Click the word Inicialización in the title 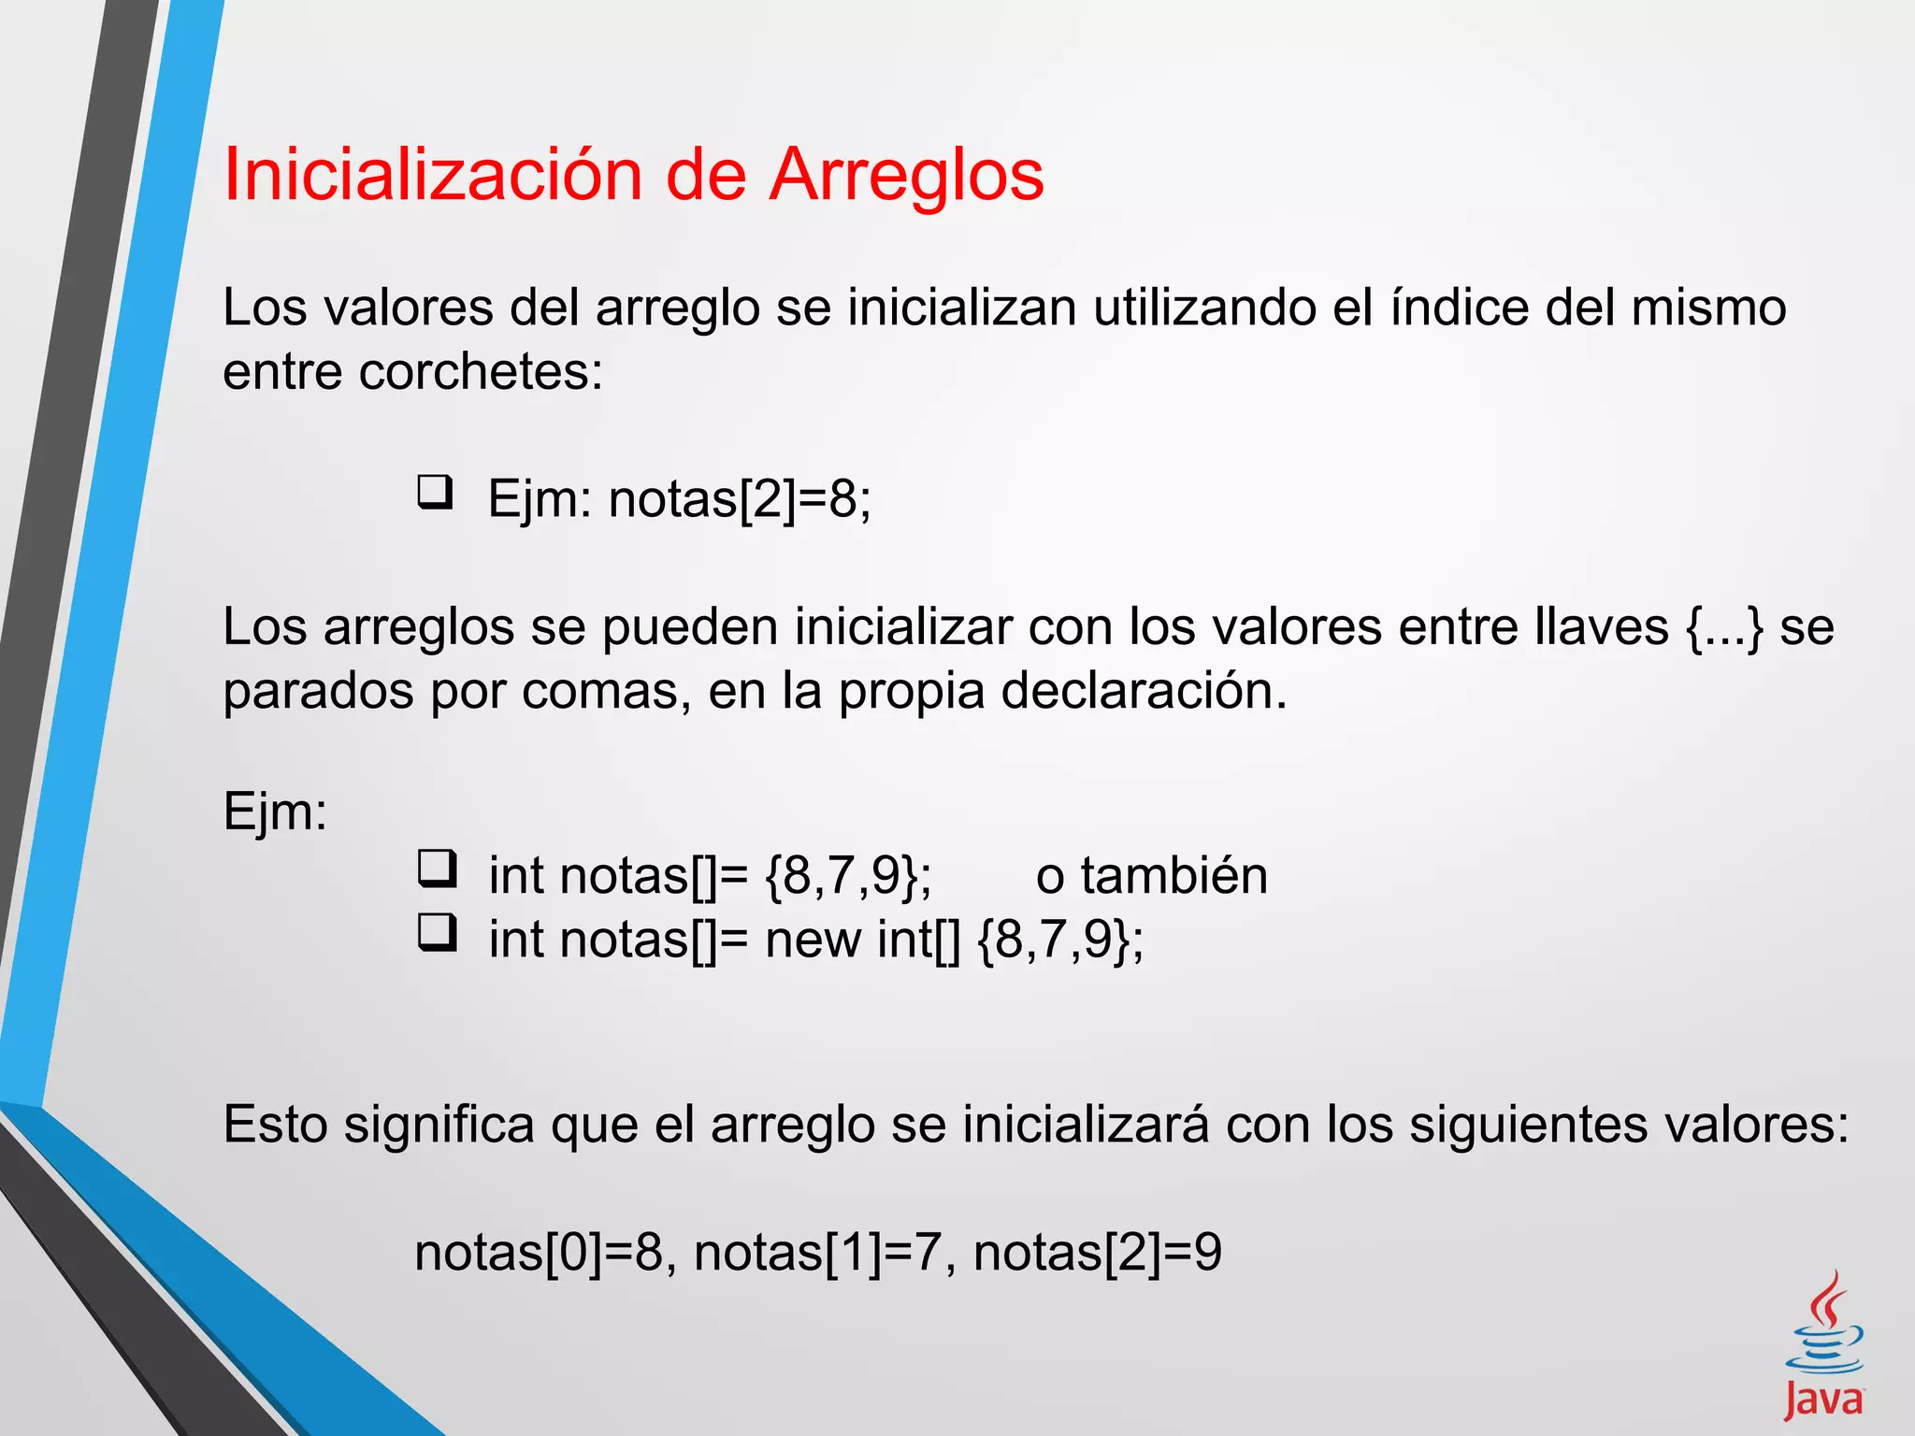point(433,176)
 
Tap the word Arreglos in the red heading point(906,176)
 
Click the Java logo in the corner point(1824,1346)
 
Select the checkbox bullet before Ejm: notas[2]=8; point(435,492)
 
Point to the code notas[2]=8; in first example point(740,499)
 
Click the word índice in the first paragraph point(1460,308)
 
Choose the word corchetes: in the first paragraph point(481,372)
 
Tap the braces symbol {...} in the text point(1725,627)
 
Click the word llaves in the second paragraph point(1601,627)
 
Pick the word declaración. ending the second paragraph point(1144,692)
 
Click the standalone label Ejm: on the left point(276,811)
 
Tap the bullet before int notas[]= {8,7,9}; point(437,869)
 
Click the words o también point(1152,876)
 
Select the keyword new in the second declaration point(813,940)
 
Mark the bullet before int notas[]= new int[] point(437,932)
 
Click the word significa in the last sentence point(439,1125)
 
